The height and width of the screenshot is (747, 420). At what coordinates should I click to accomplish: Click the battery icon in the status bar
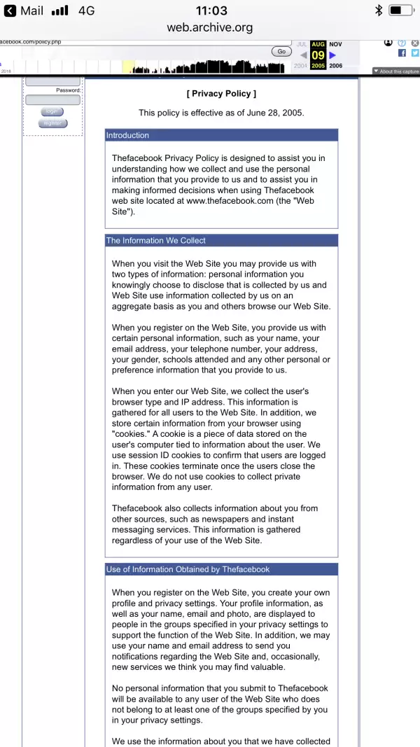(x=400, y=11)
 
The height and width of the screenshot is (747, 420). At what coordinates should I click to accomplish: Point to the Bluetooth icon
(x=378, y=11)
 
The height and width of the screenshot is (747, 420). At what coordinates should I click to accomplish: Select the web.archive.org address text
(x=209, y=28)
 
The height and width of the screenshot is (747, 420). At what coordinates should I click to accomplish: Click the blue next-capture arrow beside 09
(x=332, y=55)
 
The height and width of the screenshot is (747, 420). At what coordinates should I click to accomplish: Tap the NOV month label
(x=335, y=44)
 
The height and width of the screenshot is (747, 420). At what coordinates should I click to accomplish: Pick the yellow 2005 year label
(x=318, y=66)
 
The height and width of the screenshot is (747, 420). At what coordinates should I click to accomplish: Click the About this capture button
(x=396, y=71)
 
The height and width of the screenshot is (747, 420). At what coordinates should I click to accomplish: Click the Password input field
(x=52, y=100)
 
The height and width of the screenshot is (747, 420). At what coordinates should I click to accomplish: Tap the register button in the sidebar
(x=52, y=123)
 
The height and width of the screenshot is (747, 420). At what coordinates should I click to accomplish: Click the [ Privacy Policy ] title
(x=221, y=93)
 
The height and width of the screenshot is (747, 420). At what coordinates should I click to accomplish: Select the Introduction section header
(x=127, y=136)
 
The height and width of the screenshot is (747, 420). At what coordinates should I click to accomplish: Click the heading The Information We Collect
(x=156, y=240)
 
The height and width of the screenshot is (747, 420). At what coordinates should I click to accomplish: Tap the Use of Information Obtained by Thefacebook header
(x=188, y=569)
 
